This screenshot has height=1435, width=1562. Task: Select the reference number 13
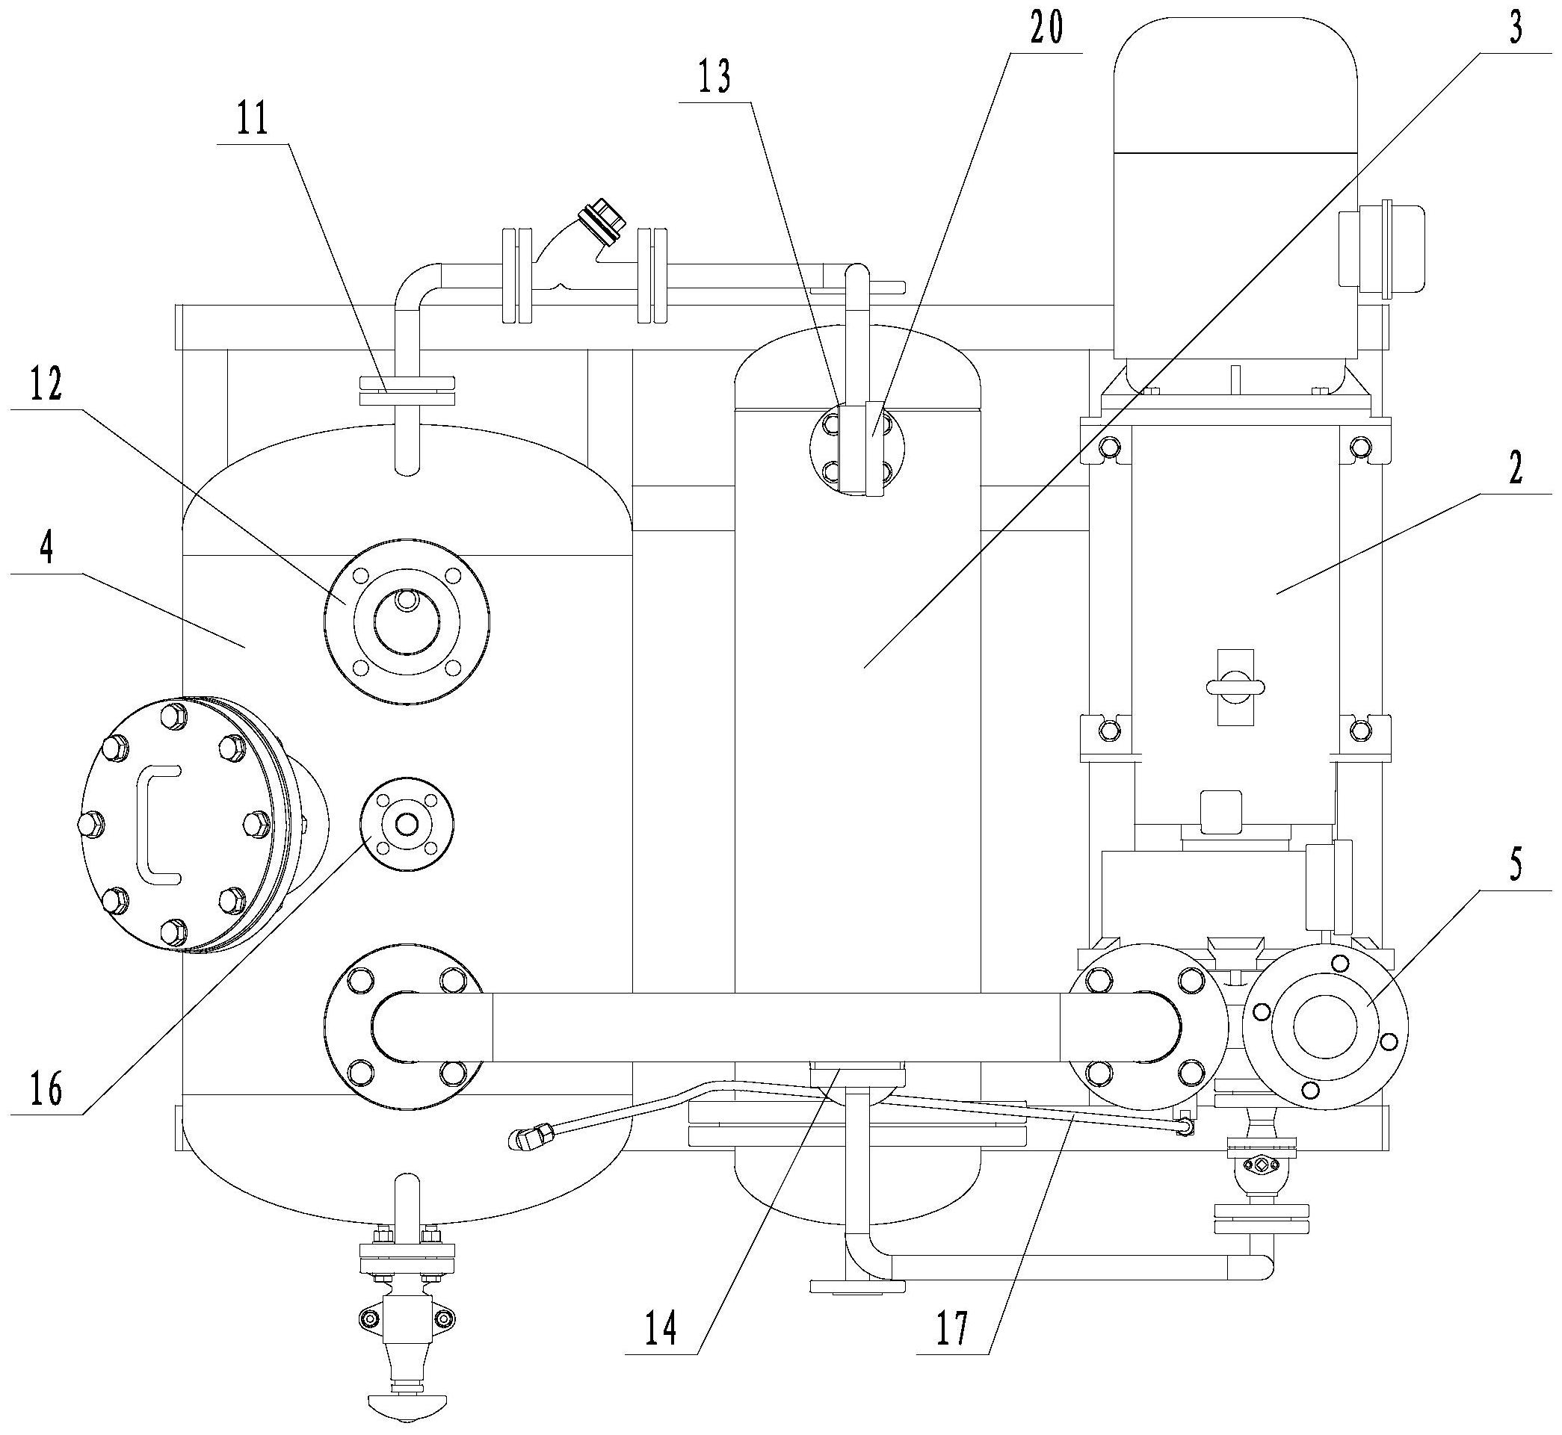click(x=713, y=78)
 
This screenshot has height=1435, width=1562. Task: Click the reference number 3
click(x=1516, y=28)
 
